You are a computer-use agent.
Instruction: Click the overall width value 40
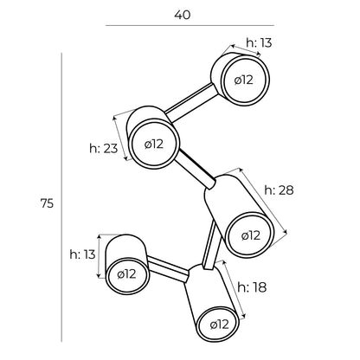[183, 15]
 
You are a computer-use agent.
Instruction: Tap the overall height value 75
[47, 203]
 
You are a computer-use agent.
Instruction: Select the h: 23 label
[104, 149]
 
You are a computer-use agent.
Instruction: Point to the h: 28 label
[279, 190]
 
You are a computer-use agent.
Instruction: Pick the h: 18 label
[252, 287]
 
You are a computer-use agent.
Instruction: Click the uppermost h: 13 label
[259, 43]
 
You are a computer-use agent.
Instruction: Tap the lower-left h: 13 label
[82, 254]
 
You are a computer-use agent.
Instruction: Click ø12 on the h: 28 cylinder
[251, 235]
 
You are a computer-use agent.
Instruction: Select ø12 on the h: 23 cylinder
[154, 144]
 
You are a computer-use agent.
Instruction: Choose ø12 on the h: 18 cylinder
[220, 325]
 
